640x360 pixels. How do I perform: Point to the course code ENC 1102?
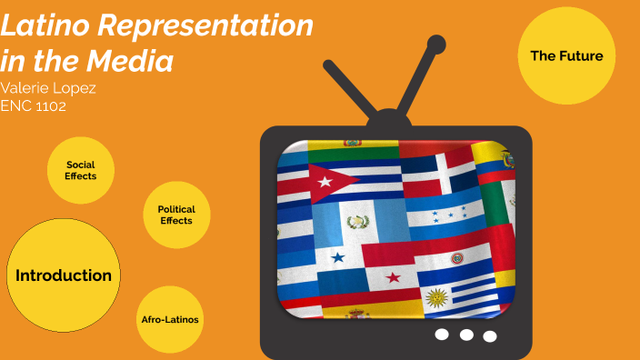(34, 105)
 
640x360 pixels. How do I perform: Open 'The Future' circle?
(566, 56)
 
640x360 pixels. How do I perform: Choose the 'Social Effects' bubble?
(80, 170)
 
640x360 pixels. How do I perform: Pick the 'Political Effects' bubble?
(176, 215)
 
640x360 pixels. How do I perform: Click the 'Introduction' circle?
(64, 275)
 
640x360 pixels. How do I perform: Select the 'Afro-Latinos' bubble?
(170, 320)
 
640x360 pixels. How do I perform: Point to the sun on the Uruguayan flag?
(438, 297)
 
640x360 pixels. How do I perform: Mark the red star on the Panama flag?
(393, 277)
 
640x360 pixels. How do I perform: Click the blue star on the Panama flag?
(338, 257)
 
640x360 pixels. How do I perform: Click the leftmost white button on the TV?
(443, 334)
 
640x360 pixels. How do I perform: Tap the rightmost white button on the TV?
(490, 336)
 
